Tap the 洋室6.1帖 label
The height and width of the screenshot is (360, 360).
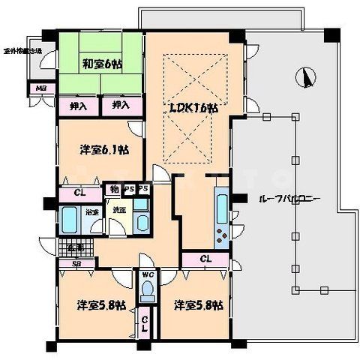pyautogui.click(x=104, y=149)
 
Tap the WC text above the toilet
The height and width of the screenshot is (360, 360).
pyautogui.click(x=147, y=275)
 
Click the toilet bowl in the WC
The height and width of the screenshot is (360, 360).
pyautogui.click(x=148, y=289)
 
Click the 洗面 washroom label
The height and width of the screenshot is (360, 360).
pyautogui.click(x=120, y=211)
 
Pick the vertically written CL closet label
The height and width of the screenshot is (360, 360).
pyautogui.click(x=145, y=323)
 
